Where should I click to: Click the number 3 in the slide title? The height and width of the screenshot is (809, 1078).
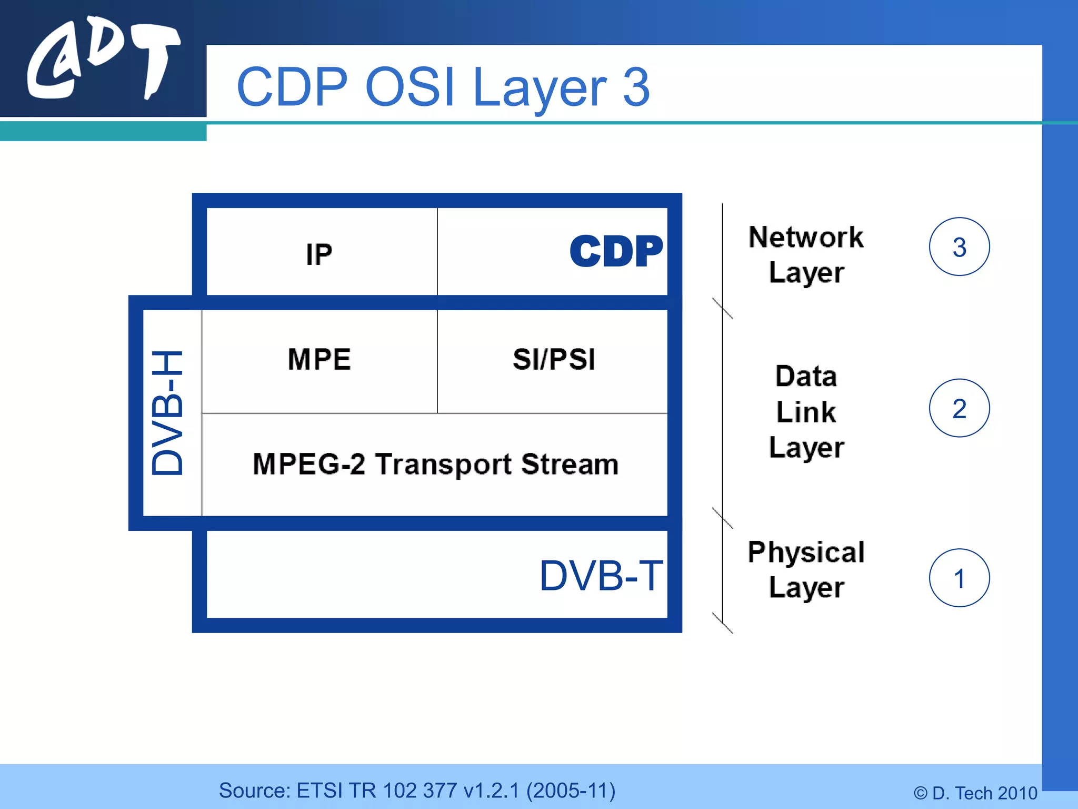636,87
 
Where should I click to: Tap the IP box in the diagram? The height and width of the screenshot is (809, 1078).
320,254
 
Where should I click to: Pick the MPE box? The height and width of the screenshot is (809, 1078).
320,360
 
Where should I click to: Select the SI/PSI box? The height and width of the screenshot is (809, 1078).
554,360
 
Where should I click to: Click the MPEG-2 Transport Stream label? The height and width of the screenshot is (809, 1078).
435,464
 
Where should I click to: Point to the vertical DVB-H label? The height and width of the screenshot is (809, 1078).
167,413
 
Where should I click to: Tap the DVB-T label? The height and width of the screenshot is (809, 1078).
601,576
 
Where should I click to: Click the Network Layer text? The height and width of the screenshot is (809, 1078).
806,254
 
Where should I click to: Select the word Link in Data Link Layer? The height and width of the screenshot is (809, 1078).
806,412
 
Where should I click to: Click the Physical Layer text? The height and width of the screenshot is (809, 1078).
806,569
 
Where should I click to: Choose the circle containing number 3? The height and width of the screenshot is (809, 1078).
959,247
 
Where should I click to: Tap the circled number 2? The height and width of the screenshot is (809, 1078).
959,408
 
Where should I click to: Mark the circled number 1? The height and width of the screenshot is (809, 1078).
959,578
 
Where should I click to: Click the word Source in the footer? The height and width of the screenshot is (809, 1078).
254,791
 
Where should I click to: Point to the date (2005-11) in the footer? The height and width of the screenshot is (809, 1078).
571,791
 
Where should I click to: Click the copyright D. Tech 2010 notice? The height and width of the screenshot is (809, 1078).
975,793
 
